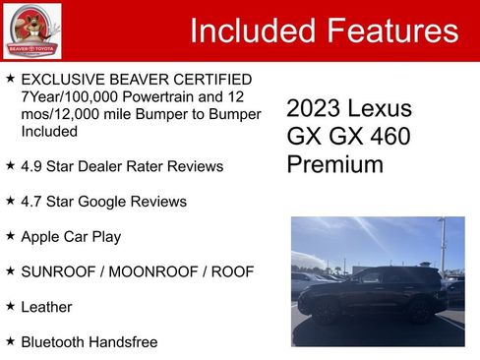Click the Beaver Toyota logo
point(31,30)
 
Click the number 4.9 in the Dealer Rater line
point(32,166)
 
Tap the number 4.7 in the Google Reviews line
point(32,202)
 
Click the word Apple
point(41,237)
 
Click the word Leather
point(46,307)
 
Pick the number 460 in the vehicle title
point(389,137)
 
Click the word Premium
point(334,164)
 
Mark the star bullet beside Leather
point(10,306)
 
